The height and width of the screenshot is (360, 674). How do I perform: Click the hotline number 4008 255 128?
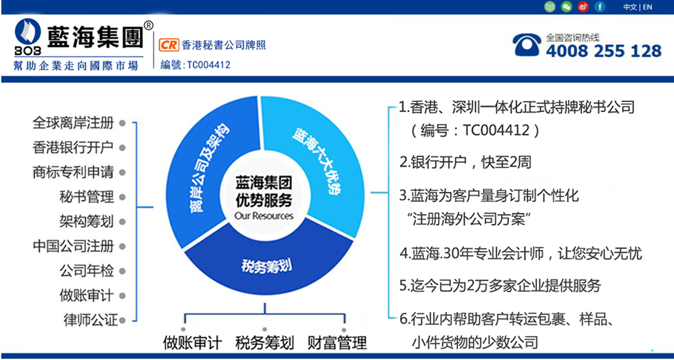pos(604,51)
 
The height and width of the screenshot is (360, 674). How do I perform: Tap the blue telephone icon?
pos(527,45)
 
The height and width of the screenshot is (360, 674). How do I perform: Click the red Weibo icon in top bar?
pos(583,7)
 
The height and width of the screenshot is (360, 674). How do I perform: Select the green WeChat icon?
pos(567,7)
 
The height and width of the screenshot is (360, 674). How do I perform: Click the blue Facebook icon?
pos(600,7)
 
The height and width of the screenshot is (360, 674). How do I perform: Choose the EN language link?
pos(647,7)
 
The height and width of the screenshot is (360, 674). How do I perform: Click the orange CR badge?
pos(169,45)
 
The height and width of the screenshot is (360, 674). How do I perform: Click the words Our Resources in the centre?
pos(264,215)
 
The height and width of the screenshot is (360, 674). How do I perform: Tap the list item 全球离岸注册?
pos(73,123)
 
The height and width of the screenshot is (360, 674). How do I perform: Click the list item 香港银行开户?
pos(73,148)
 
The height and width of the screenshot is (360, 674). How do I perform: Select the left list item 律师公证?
pos(89,320)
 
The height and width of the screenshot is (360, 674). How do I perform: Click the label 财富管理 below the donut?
pos(337,343)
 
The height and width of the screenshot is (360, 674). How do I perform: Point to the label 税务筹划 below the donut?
pos(264,343)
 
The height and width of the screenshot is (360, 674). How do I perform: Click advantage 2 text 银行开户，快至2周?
pos(465,162)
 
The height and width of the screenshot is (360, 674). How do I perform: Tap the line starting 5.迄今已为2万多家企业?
pos(500,285)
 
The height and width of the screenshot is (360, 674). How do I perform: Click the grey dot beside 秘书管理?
pos(122,197)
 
